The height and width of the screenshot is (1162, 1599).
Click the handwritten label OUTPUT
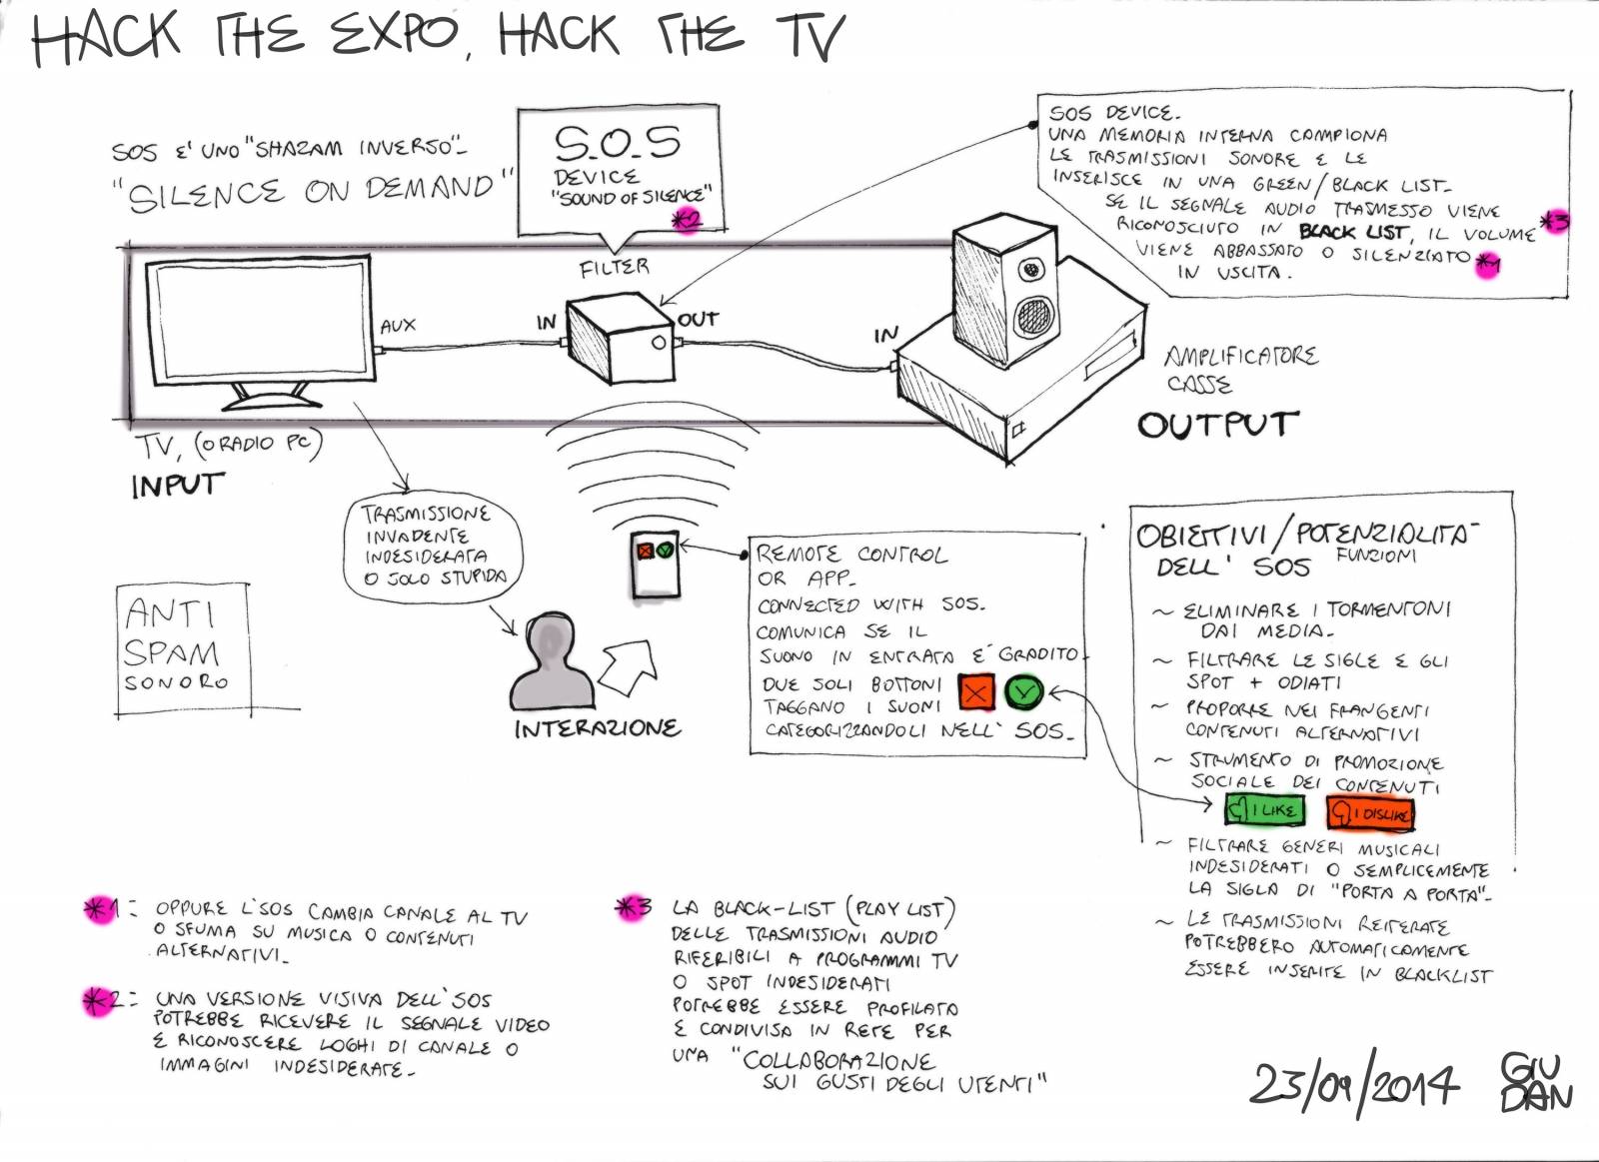click(1217, 425)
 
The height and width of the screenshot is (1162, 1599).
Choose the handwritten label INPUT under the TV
click(177, 485)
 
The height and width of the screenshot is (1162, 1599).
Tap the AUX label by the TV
click(398, 325)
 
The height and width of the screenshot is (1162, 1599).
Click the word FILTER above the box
click(614, 267)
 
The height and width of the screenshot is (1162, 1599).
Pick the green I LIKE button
click(1265, 809)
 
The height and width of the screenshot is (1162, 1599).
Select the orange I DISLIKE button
click(1371, 813)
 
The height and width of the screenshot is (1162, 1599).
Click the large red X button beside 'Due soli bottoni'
click(976, 692)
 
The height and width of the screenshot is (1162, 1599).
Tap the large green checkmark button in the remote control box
click(1023, 691)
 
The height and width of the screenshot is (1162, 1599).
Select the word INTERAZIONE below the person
click(598, 728)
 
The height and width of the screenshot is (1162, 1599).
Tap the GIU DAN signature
click(1535, 1082)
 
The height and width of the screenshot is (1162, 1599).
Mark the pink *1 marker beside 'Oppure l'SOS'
click(101, 909)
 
